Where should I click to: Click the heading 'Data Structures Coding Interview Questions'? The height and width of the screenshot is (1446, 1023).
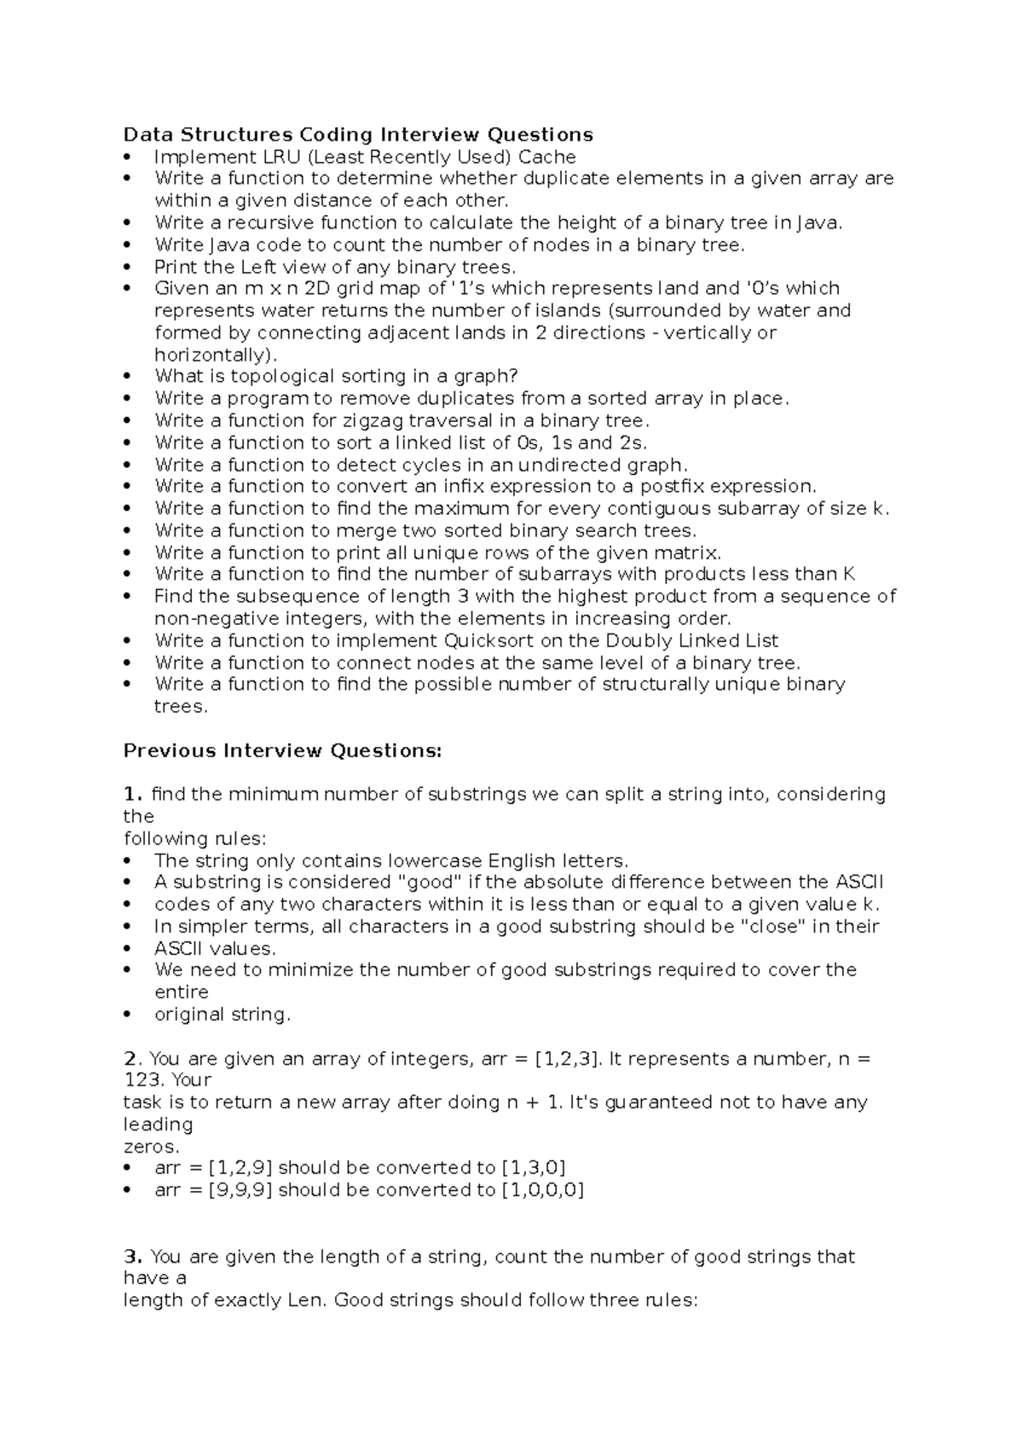pyautogui.click(x=358, y=135)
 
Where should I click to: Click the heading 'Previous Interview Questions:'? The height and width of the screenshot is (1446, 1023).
pyautogui.click(x=283, y=750)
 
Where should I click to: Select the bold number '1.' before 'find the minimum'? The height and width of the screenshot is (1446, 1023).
pyautogui.click(x=132, y=794)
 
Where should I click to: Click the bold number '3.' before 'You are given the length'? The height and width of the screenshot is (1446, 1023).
pyautogui.click(x=132, y=1256)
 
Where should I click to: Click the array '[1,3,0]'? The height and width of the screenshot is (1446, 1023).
pyautogui.click(x=534, y=1167)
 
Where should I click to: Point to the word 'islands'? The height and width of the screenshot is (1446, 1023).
pyautogui.click(x=545, y=310)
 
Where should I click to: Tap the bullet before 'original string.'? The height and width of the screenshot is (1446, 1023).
pyautogui.click(x=129, y=1014)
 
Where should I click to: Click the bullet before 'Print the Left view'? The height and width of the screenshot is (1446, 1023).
pyautogui.click(x=129, y=267)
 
